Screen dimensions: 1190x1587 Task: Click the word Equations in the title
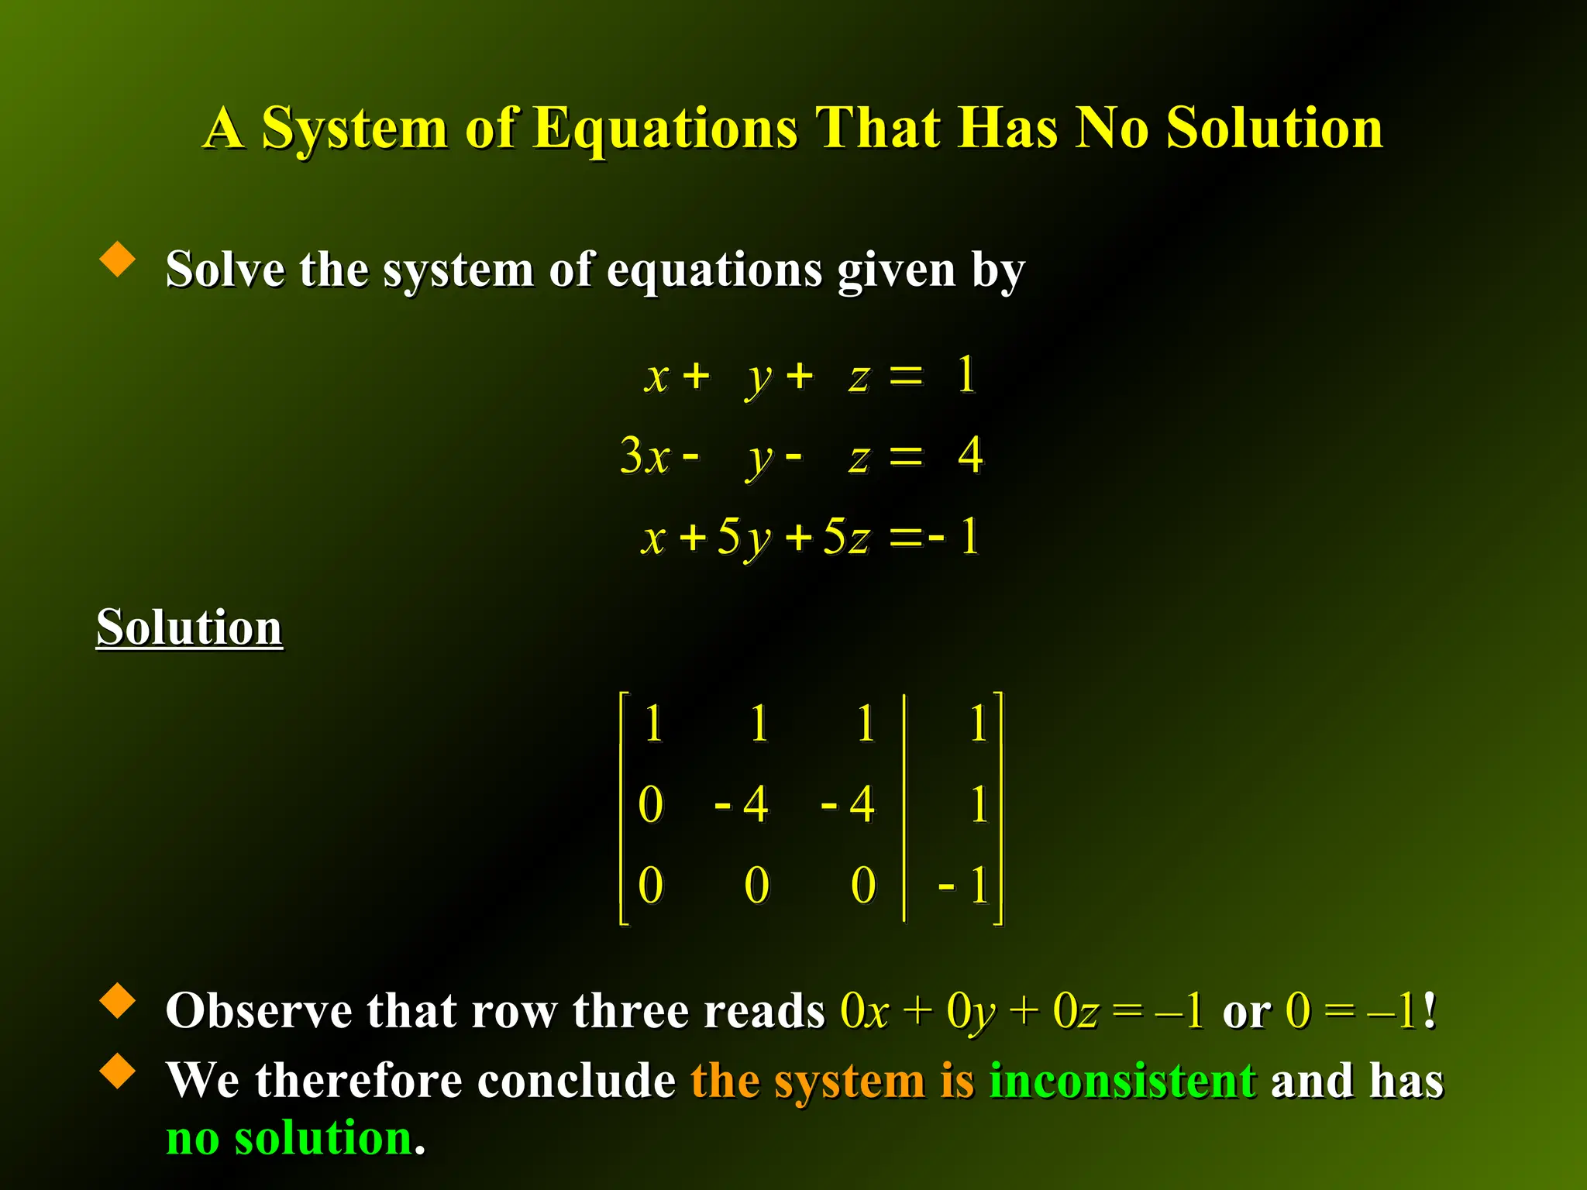click(666, 129)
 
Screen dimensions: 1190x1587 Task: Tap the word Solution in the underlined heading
click(189, 627)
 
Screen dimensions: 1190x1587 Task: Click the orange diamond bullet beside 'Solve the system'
click(118, 259)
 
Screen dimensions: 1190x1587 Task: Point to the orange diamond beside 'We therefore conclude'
click(118, 1071)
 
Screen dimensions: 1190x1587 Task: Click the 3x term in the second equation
click(645, 456)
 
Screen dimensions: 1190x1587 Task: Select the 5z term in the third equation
click(846, 536)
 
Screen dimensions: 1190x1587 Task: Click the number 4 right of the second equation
click(970, 455)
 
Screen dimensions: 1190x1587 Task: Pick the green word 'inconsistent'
click(1123, 1081)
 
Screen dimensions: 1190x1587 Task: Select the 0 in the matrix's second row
click(651, 804)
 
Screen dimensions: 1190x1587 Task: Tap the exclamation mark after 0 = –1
click(1430, 1011)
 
